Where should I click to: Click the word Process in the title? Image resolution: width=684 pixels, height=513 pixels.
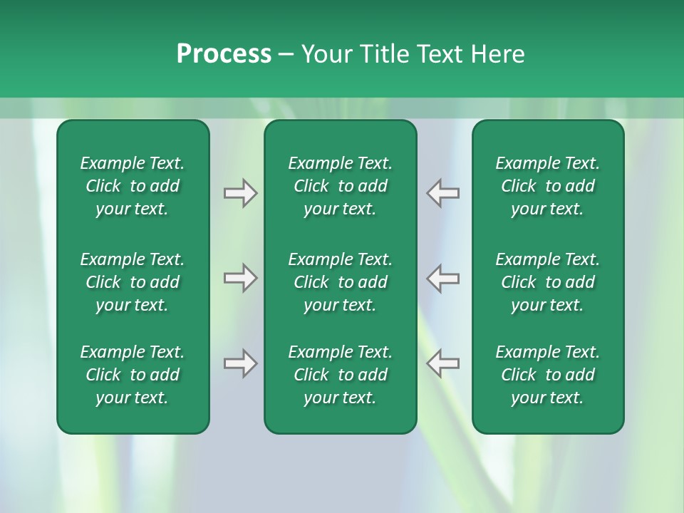pos(224,54)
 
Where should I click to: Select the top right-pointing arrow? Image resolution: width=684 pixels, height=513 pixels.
pos(240,193)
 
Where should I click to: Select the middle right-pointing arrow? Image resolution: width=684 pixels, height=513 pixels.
pos(240,278)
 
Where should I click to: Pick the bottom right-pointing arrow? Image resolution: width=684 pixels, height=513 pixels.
pos(240,363)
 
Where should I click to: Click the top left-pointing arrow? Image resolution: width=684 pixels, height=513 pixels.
pos(443,193)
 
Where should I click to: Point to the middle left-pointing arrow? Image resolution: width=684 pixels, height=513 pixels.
pos(443,278)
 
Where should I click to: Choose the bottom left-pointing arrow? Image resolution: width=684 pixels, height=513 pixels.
pos(443,363)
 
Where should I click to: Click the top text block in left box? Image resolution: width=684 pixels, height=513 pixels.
pos(133,186)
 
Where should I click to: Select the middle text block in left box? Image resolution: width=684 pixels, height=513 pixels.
pos(133,282)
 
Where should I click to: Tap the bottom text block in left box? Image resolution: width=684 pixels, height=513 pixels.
pos(133,375)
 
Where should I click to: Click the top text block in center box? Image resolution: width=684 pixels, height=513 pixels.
pos(340,186)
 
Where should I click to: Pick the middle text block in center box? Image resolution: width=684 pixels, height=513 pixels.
pos(340,282)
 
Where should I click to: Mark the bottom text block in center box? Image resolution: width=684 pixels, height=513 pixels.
pos(340,375)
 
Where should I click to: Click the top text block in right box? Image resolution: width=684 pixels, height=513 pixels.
pos(547,186)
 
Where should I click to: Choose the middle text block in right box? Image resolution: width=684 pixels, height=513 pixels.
pos(547,282)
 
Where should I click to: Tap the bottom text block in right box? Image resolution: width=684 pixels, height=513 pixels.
pos(547,375)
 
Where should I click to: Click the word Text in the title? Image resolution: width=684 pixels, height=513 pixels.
pos(441,54)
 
